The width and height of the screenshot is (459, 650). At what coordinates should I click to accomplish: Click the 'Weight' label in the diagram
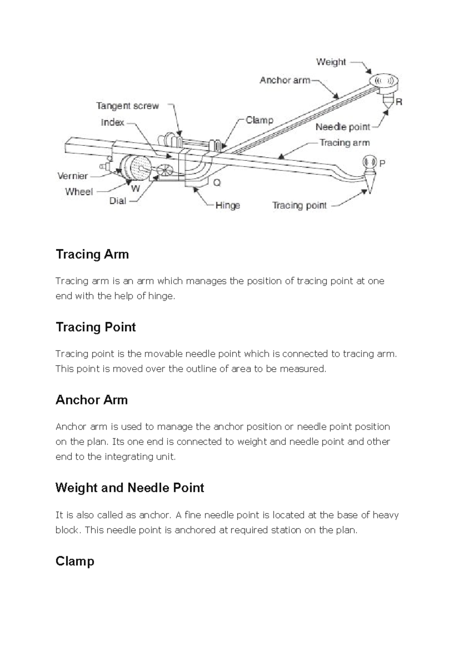[331, 62]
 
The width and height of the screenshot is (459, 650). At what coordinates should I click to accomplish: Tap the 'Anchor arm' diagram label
[285, 80]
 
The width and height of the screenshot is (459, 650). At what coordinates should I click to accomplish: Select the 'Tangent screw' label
[127, 106]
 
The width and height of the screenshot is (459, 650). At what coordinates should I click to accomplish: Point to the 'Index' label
[112, 122]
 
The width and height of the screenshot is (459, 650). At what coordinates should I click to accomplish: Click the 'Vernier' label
[73, 176]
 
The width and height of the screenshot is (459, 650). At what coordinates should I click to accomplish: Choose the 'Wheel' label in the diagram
[79, 192]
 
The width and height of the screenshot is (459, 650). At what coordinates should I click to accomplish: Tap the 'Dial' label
[117, 201]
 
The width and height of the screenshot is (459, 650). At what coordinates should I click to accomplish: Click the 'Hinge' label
[228, 206]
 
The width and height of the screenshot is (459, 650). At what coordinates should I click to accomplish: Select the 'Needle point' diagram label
[343, 127]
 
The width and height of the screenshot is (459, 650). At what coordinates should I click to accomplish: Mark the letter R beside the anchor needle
[399, 102]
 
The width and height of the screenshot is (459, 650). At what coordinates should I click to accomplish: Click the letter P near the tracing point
[382, 163]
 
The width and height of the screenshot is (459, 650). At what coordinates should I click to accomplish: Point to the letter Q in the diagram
[217, 183]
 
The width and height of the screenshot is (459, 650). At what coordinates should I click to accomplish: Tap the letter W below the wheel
[135, 188]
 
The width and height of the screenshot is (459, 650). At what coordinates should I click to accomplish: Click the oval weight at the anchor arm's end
[384, 81]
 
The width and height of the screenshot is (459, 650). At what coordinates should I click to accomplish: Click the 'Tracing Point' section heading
[96, 327]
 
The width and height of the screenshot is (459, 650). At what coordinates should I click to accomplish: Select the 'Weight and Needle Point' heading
[130, 488]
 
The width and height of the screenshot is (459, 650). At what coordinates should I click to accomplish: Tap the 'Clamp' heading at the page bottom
[75, 562]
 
